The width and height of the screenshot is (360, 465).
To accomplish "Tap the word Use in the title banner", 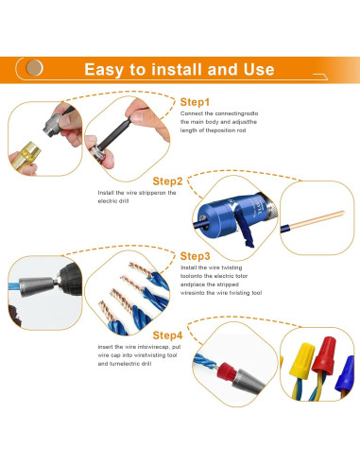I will tap(256, 69).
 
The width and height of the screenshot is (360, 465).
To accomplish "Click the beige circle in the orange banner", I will tap(36, 69).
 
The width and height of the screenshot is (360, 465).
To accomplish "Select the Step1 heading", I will tap(196, 101).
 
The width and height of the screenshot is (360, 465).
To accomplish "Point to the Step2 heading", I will tap(167, 181).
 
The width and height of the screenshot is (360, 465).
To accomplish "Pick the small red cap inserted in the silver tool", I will tap(245, 379).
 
